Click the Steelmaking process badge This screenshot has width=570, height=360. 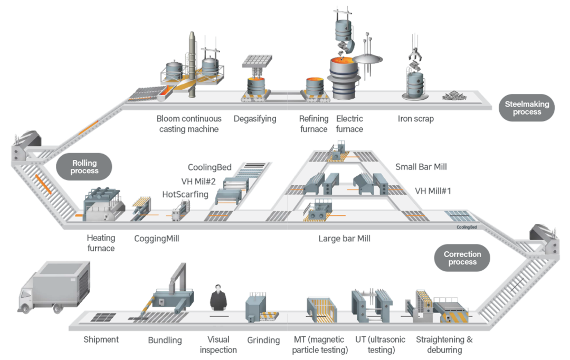point(526,108)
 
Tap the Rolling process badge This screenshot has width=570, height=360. point(84,167)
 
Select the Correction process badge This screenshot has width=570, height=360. point(462,258)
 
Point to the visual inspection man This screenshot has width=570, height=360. point(218,298)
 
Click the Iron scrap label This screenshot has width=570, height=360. point(415,119)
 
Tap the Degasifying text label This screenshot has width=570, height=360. point(255,119)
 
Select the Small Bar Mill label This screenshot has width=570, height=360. point(421,167)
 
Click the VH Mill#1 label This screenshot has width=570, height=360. point(433,191)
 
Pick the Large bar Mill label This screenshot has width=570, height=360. point(344,239)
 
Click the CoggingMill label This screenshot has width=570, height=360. point(157,239)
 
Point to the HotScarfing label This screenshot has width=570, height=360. point(185,195)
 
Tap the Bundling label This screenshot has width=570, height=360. point(165,340)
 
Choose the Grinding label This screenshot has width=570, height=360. point(263,340)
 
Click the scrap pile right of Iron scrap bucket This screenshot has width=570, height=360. point(454,96)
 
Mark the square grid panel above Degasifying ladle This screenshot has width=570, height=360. point(258,61)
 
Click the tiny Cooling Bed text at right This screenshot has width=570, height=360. point(467,228)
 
